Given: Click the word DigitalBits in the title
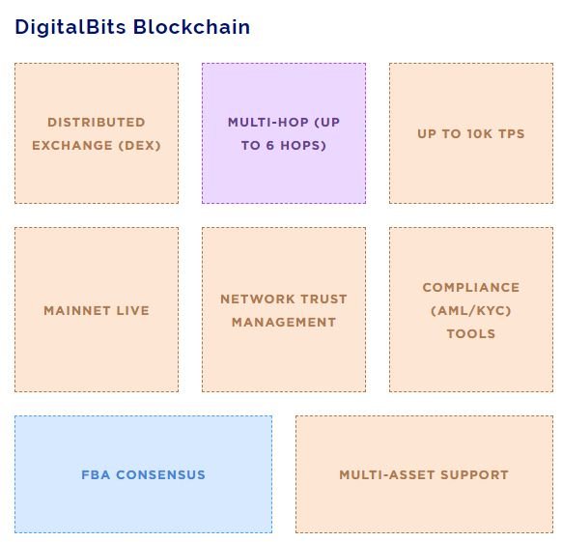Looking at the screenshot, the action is tap(70, 28).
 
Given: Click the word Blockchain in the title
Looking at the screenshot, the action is tap(192, 27).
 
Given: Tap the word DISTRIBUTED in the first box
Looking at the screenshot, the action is tap(97, 123).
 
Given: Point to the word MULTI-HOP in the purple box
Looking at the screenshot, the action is tap(268, 123).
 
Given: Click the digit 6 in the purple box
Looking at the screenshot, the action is tap(270, 146).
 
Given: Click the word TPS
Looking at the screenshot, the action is tap(512, 133).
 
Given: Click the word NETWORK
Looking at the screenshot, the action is tap(258, 300).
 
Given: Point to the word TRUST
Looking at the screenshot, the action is tap(323, 300).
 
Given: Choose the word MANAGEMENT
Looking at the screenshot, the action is tap(284, 323).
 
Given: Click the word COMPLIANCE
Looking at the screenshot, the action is tap(471, 288).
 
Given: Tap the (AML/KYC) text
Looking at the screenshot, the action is tap(471, 311).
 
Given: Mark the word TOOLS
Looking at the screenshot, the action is tap(471, 334).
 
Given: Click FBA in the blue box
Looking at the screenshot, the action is tap(96, 475).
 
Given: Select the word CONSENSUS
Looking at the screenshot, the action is tap(160, 475).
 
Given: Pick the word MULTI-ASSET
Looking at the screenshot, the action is tap(386, 475).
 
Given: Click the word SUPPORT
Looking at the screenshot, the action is tap(474, 475).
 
